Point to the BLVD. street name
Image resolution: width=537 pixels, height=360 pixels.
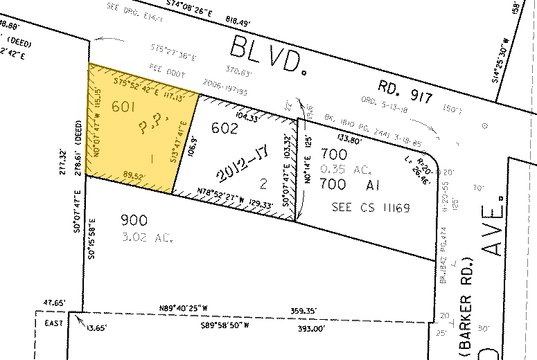pyautogui.click(x=266, y=53)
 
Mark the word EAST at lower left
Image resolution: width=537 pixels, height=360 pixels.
pyautogui.click(x=54, y=323)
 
